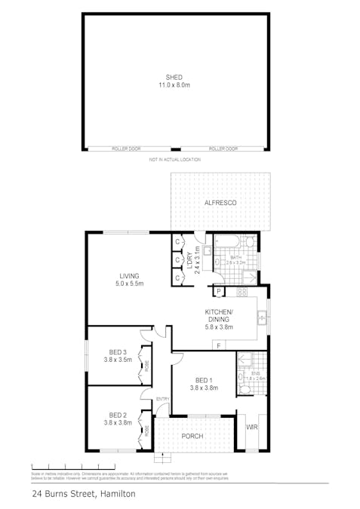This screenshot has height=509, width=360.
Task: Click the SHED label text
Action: pyautogui.click(x=175, y=77)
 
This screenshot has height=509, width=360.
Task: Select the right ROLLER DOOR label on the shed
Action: pyautogui.click(x=223, y=149)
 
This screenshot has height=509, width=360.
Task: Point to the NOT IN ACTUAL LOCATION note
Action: pyautogui.click(x=175, y=160)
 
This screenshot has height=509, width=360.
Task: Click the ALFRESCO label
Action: pyautogui.click(x=220, y=204)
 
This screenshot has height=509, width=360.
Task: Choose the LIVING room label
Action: pyautogui.click(x=129, y=276)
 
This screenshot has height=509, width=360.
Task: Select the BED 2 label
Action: pyautogui.click(x=118, y=415)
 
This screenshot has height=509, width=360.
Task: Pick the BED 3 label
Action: pyautogui.click(x=118, y=351)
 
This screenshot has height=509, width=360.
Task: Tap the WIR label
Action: pyautogui.click(x=251, y=428)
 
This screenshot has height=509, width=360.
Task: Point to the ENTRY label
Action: pyautogui.click(x=162, y=399)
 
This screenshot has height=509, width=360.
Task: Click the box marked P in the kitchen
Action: pyautogui.click(x=217, y=291)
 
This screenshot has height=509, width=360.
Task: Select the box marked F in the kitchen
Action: pyautogui.click(x=217, y=345)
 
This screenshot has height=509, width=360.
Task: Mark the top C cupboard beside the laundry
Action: pyautogui.click(x=177, y=242)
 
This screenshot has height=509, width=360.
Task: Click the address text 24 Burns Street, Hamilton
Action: pyautogui.click(x=83, y=494)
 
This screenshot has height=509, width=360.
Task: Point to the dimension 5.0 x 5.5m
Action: pyautogui.click(x=129, y=284)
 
